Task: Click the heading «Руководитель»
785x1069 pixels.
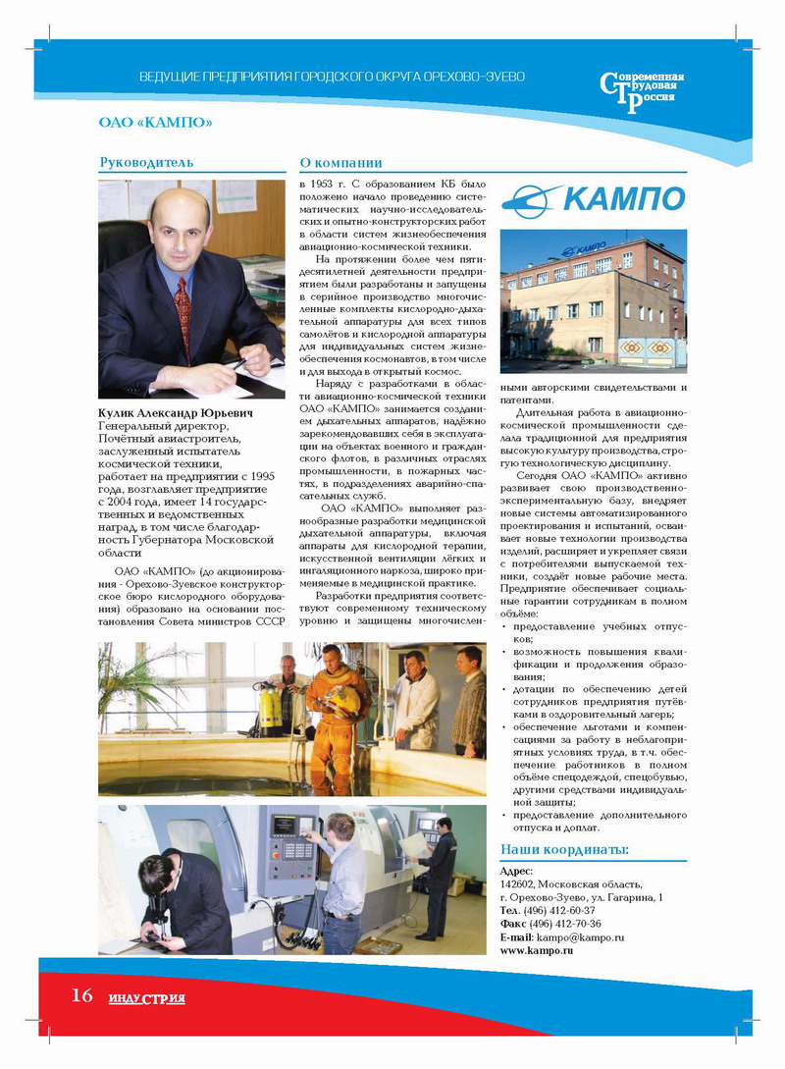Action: click(x=146, y=162)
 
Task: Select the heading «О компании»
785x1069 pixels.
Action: click(x=340, y=162)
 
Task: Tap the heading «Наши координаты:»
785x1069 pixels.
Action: click(x=564, y=849)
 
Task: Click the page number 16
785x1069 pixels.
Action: click(x=81, y=995)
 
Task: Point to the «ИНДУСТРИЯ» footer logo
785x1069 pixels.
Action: click(x=147, y=998)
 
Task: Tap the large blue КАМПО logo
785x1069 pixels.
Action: click(x=593, y=199)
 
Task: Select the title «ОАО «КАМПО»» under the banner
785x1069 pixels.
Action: click(x=156, y=122)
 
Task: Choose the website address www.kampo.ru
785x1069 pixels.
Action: click(x=537, y=951)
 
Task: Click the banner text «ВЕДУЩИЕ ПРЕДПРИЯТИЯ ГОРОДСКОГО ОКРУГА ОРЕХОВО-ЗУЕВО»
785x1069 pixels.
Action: click(x=332, y=77)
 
